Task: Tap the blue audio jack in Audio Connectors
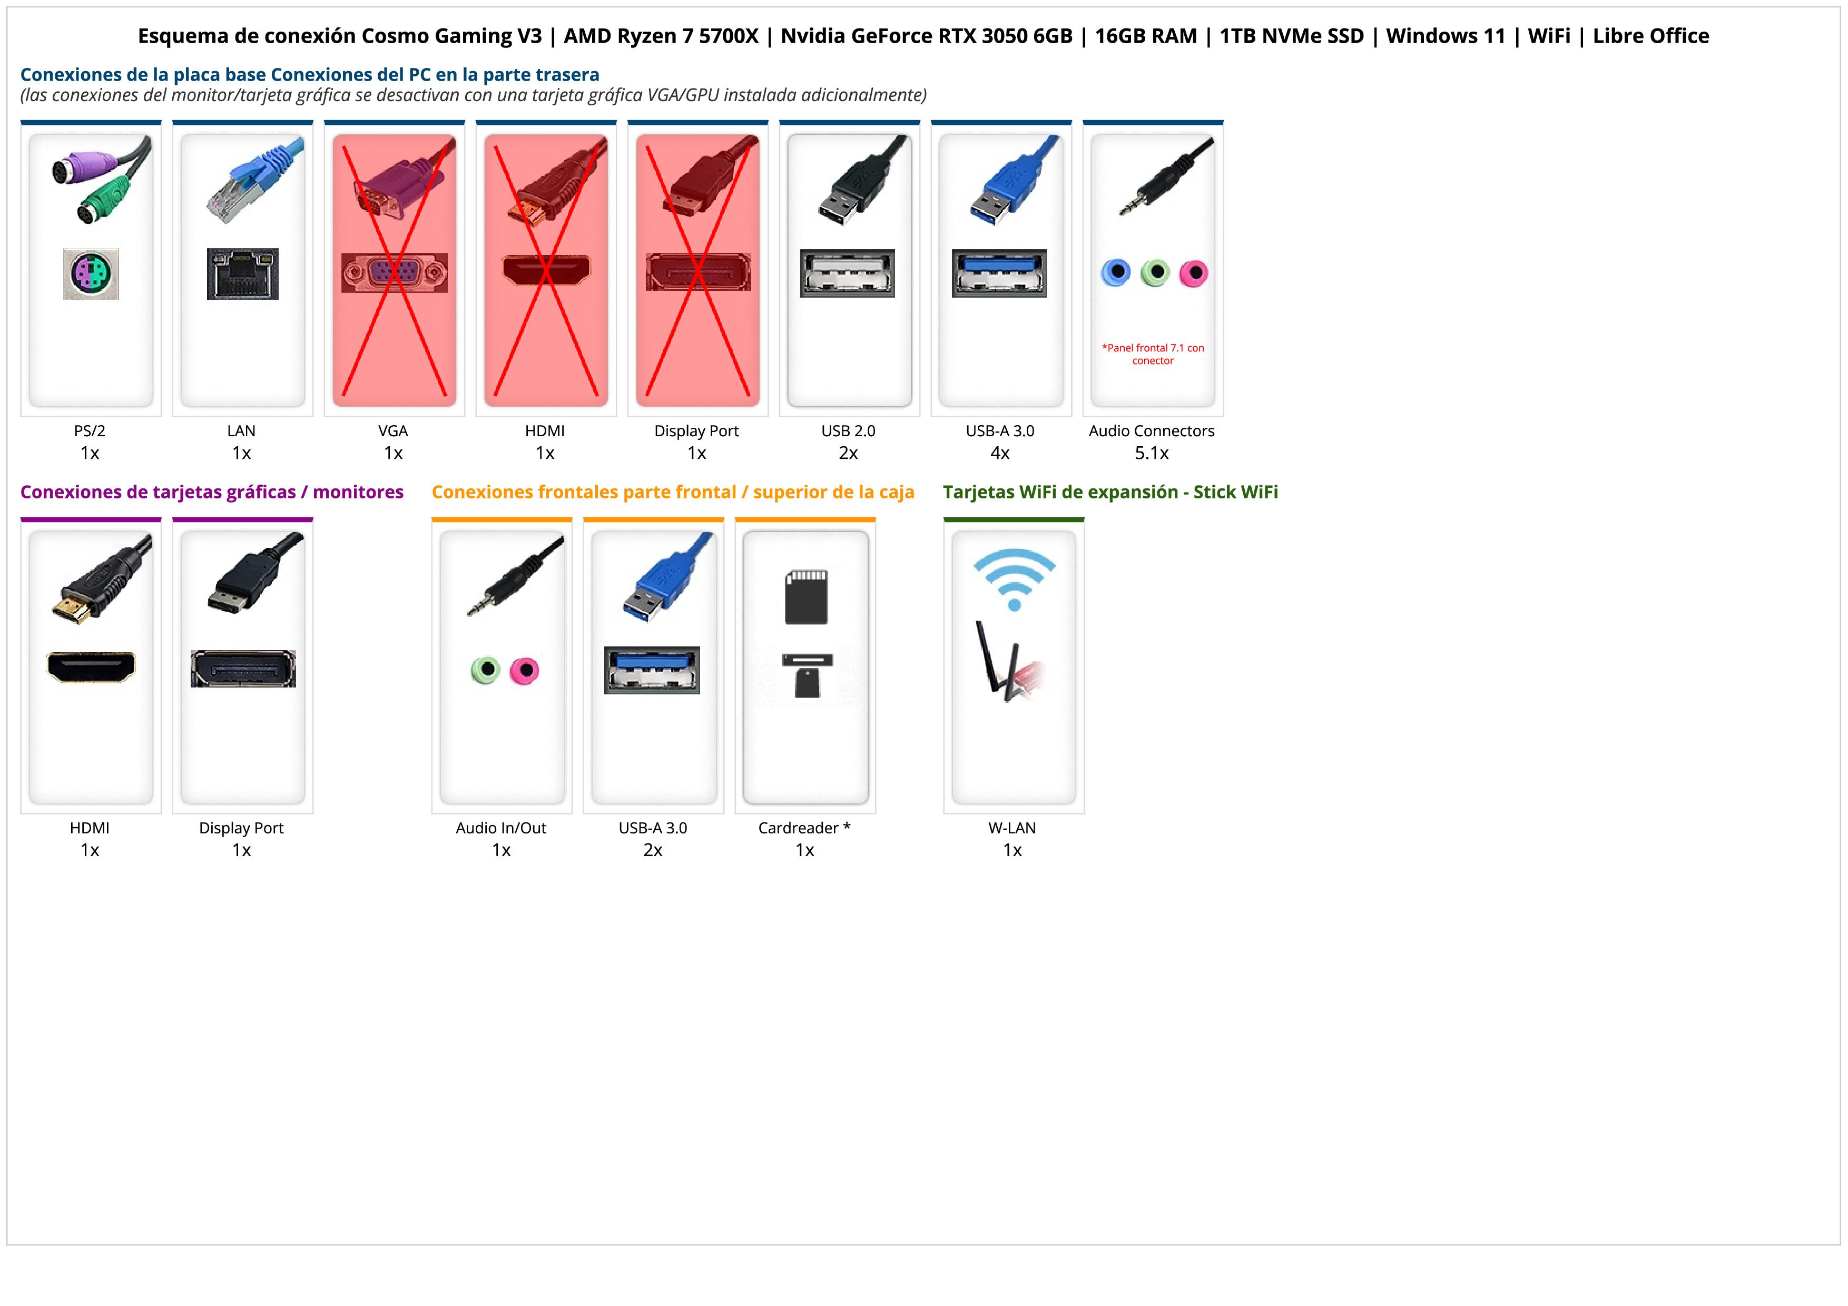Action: coord(1116,273)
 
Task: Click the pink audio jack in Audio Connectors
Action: coord(1194,273)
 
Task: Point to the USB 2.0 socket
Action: coord(848,273)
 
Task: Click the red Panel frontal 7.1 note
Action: coord(1153,354)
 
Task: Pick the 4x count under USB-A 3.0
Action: coord(1000,453)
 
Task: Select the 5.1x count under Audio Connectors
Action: coord(1152,453)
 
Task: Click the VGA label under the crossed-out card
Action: coord(393,430)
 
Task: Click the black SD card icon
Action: coord(807,597)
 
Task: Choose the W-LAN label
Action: coord(1012,828)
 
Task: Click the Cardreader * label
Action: coord(804,828)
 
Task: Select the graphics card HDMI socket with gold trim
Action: coord(91,667)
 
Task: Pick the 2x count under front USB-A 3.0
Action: coord(653,850)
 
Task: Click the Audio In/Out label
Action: coord(500,828)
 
